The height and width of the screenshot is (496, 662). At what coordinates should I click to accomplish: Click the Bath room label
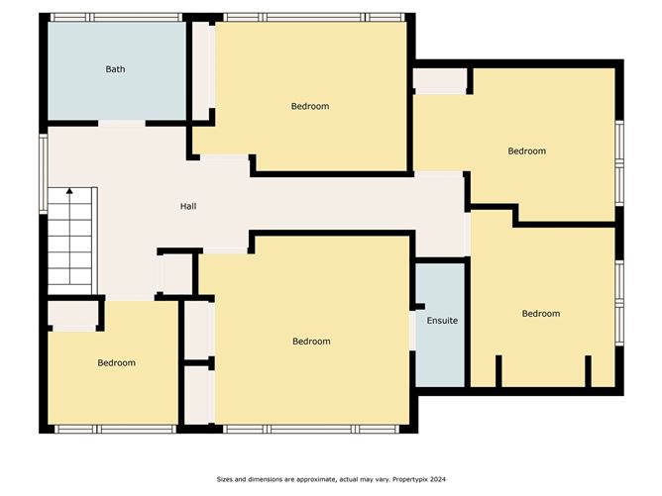click(x=116, y=69)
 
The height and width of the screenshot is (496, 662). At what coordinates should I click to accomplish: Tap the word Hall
click(x=187, y=207)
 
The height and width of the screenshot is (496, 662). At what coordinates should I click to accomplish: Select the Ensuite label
click(x=442, y=321)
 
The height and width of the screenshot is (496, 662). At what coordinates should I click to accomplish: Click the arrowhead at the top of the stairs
click(x=69, y=190)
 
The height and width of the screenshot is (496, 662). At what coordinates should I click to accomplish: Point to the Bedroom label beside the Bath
click(x=309, y=106)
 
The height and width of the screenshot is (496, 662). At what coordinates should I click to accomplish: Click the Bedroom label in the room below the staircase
click(x=116, y=363)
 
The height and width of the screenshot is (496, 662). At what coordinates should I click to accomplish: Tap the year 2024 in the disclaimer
click(x=437, y=479)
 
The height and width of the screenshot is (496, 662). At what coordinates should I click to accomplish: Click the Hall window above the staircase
click(x=43, y=172)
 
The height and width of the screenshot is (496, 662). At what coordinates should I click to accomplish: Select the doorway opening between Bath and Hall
click(x=122, y=123)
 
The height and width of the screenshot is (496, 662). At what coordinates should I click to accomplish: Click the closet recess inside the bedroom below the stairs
click(x=72, y=316)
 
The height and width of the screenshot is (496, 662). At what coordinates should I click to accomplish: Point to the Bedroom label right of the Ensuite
click(x=540, y=314)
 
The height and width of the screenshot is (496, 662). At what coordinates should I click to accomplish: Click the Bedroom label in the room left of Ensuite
click(x=311, y=342)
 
